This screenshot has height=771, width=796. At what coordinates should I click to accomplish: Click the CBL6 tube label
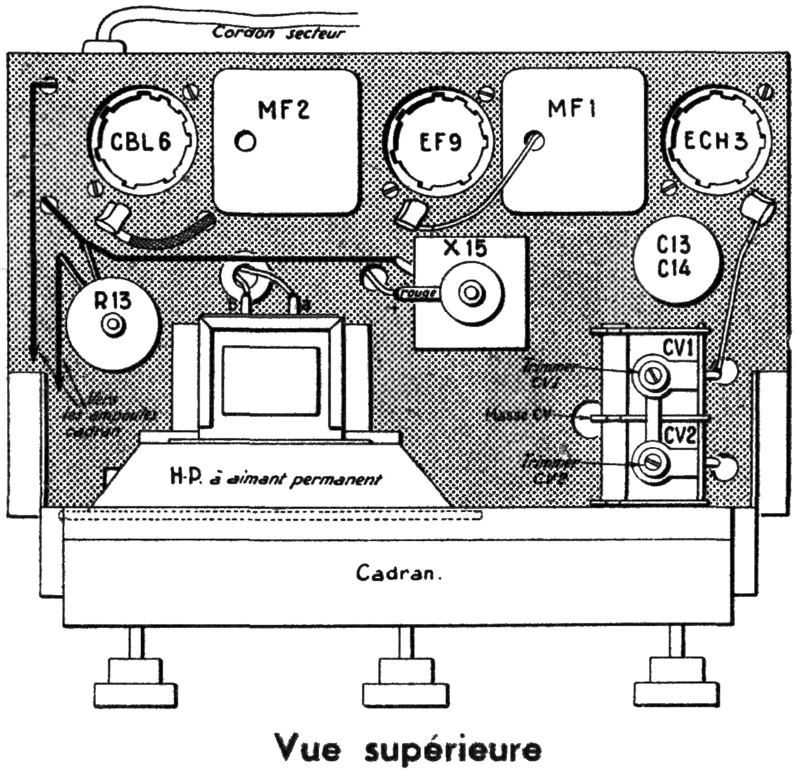(141, 142)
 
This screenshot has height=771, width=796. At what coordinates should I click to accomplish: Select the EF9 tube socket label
(440, 142)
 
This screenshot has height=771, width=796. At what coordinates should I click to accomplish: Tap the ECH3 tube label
(715, 141)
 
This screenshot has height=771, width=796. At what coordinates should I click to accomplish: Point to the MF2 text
(284, 110)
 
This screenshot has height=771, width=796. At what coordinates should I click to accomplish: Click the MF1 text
(572, 109)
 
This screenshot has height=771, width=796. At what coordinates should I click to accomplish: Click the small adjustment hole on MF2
(245, 142)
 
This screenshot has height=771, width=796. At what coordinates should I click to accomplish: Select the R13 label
(113, 301)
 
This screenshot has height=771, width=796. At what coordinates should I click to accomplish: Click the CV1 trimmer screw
(652, 376)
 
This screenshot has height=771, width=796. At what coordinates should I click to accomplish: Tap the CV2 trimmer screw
(651, 462)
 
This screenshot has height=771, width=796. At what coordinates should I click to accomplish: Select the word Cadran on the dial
(399, 573)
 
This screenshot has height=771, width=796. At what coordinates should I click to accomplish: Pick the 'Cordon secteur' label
(279, 33)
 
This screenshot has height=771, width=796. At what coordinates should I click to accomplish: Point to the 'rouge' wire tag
(419, 293)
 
